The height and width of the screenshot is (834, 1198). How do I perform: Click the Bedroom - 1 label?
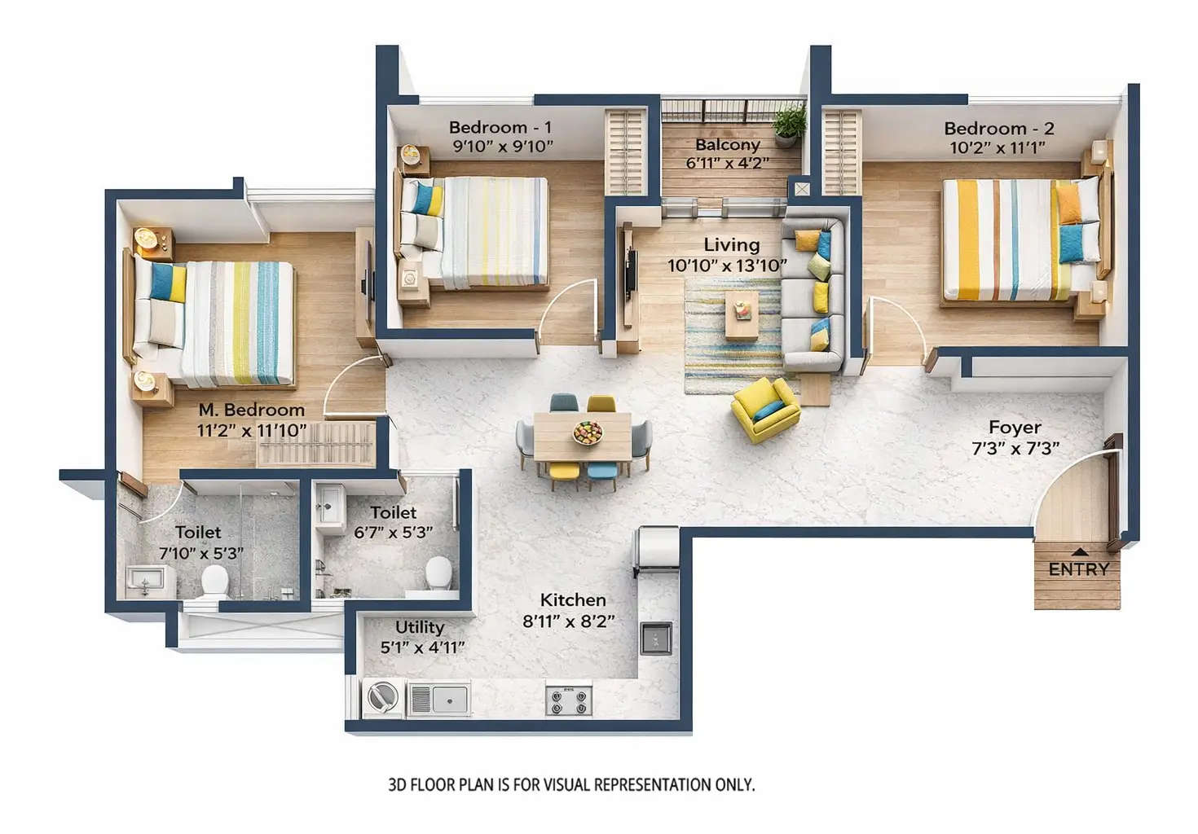(500, 127)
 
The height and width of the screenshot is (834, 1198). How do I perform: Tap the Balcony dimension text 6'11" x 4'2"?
(727, 163)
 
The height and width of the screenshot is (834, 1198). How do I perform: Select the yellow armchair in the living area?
(764, 408)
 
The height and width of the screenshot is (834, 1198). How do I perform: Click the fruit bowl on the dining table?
(587, 432)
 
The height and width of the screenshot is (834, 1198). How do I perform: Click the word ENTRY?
(1078, 569)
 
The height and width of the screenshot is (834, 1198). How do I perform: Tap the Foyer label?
(1015, 428)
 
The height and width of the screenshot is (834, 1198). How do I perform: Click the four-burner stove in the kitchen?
(568, 700)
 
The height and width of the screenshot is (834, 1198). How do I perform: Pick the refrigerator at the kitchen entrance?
(658, 547)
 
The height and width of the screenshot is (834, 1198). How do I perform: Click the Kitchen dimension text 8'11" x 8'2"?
(569, 621)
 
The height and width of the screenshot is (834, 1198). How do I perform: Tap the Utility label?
(420, 627)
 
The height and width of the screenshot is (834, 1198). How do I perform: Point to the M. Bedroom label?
(252, 410)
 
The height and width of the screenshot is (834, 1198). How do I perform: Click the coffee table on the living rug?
(742, 314)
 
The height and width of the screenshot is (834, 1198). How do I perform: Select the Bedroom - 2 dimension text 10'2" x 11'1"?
(998, 148)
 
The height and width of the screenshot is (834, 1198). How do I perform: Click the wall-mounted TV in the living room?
(629, 273)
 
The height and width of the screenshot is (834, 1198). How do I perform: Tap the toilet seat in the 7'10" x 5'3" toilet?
(214, 580)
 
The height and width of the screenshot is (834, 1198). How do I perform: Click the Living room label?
(731, 244)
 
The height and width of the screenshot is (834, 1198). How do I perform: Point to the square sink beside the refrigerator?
(656, 639)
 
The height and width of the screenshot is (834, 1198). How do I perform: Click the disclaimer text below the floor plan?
(571, 785)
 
